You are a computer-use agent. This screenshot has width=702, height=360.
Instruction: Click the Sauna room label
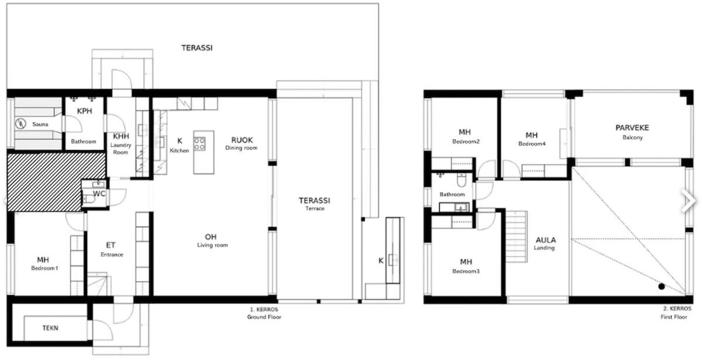pos(40,124)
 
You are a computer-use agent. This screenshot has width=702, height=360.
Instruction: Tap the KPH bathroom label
pos(84,111)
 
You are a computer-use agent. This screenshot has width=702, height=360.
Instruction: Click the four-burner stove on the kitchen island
pos(199,144)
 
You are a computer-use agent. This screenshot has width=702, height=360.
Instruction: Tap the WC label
pos(99,194)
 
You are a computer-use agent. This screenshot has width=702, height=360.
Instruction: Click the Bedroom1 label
pos(44,268)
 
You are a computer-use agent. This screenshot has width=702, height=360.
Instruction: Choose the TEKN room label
pos(50,328)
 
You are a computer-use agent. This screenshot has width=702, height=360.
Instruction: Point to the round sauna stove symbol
pos(20,124)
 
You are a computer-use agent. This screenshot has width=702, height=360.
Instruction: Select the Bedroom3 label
pos(466,271)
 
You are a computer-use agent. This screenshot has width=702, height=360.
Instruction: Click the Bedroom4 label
pos(532,144)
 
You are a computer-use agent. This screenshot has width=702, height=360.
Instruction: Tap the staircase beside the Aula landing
pos(517,236)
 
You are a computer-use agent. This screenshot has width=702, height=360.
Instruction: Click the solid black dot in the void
pos(662,286)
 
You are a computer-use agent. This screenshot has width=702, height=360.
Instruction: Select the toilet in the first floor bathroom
pos(462,180)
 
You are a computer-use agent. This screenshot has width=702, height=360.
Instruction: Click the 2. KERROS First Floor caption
pos(674,313)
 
